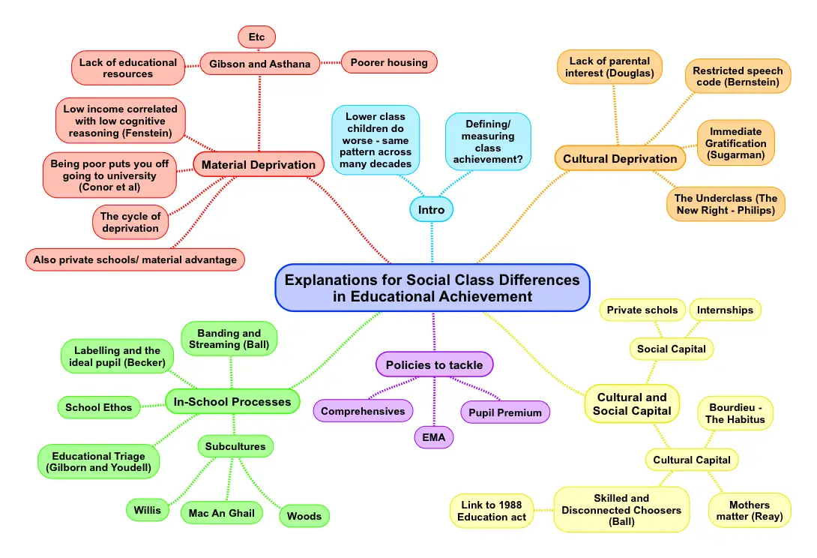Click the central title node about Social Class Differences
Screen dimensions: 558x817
point(432,288)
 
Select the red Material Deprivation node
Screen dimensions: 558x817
point(259,164)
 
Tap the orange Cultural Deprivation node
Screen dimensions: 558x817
point(620,158)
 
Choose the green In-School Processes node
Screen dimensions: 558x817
point(232,401)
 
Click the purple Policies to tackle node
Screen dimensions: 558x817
point(435,364)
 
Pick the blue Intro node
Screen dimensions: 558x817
point(432,209)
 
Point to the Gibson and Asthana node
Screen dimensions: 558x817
point(259,64)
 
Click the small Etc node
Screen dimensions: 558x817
point(257,36)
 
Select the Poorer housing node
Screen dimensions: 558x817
point(389,62)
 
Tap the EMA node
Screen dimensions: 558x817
point(434,436)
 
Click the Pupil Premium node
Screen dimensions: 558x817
point(505,412)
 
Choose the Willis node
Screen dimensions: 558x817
point(148,510)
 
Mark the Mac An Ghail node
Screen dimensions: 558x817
point(222,513)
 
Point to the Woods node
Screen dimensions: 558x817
point(304,515)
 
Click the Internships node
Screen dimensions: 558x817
point(725,310)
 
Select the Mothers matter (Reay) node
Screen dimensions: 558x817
point(750,510)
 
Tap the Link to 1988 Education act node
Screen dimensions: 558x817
point(492,510)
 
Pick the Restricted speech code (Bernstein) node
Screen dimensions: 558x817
point(738,76)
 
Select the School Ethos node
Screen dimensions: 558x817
point(98,407)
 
